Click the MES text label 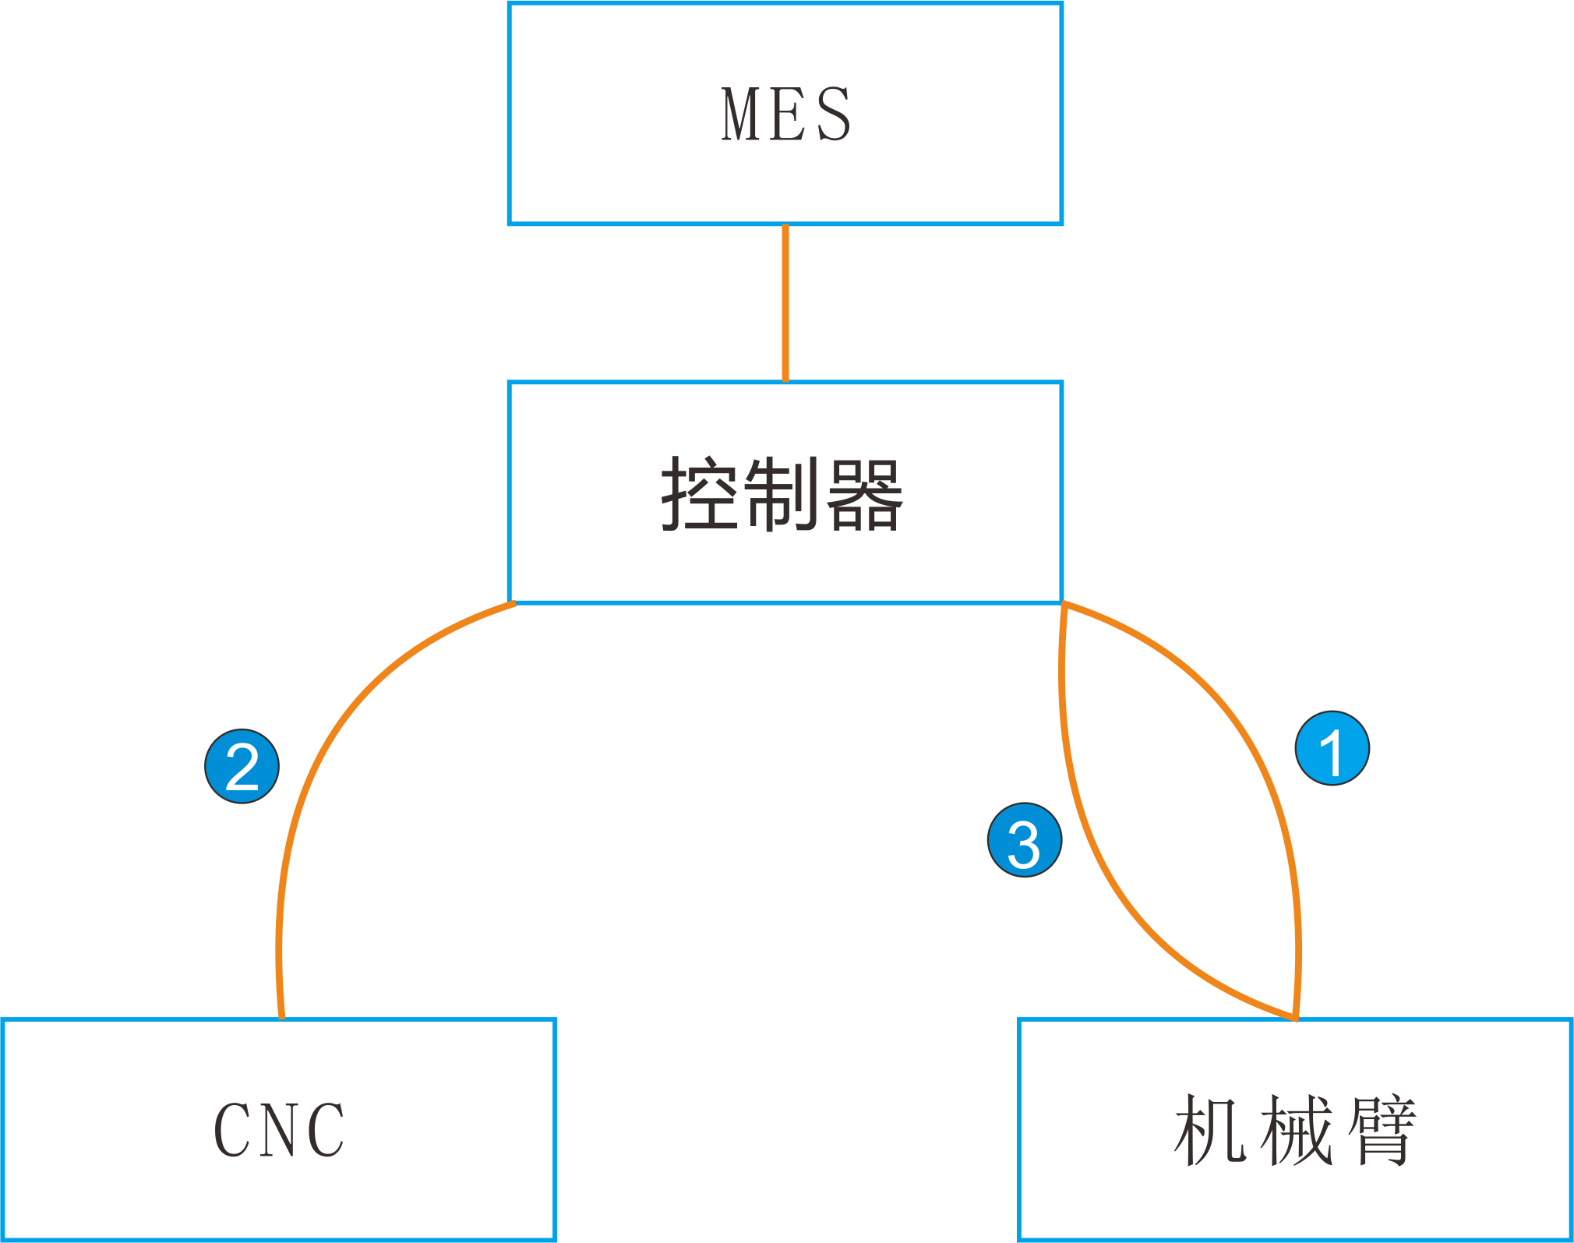[785, 115]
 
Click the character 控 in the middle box [699, 494]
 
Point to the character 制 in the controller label [782, 494]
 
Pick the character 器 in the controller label [864, 494]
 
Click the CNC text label [279, 1130]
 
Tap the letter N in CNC [278, 1130]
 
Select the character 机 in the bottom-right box [1210, 1129]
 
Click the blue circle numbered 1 [1332, 748]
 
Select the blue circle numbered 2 [242, 766]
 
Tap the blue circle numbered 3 [1024, 840]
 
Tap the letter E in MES [787, 115]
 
